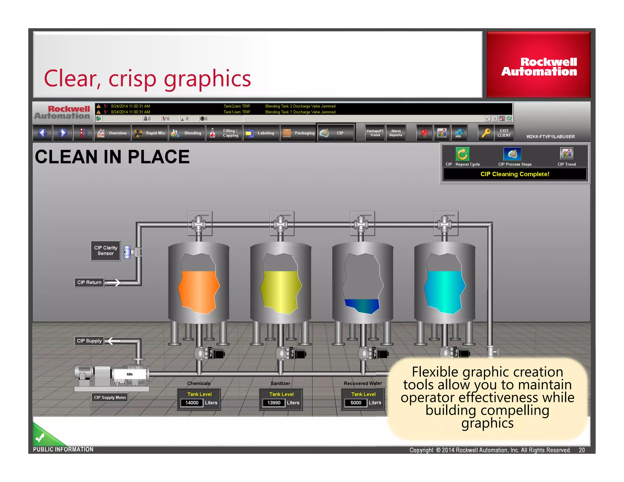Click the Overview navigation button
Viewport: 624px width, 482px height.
coord(112,133)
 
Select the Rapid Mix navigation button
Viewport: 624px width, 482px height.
coord(150,133)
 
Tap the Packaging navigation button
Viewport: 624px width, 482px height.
coord(298,133)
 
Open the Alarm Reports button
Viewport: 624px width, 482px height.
coord(395,133)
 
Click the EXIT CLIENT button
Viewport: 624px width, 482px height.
coord(504,133)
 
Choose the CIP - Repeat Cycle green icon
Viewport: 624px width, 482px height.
coord(462,154)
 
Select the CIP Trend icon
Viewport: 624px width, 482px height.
coord(566,154)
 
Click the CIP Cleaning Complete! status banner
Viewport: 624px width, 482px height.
coord(515,174)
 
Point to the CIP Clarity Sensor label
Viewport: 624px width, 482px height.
coord(105,250)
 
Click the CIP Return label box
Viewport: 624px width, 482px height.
coord(89,282)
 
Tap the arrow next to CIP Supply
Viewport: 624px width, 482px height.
coord(114,341)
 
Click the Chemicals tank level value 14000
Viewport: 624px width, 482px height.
coord(192,403)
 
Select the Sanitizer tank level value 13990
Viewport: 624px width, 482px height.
coord(274,403)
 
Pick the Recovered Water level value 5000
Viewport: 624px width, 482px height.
coord(356,403)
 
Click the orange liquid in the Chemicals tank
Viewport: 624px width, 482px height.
coord(198,291)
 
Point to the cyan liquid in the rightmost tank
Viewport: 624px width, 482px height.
coord(444,291)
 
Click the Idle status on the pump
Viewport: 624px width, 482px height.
coord(130,374)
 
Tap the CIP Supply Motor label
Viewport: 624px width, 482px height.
coord(110,397)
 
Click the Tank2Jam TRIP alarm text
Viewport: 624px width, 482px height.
coord(237,106)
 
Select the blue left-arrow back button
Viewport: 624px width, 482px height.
coord(43,133)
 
